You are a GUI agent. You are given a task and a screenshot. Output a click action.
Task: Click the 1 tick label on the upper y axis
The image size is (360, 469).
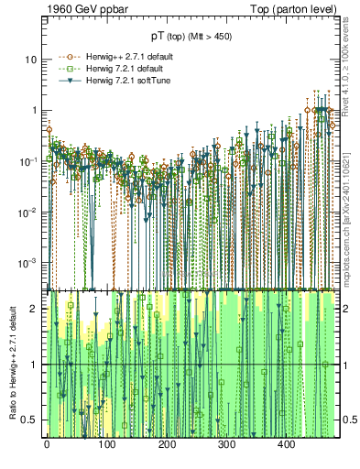[x=33, y=110]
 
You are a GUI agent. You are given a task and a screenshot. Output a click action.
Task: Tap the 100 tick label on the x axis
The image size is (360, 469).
[x=106, y=445]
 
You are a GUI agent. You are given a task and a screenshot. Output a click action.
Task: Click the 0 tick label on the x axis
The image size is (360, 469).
[x=47, y=445]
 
